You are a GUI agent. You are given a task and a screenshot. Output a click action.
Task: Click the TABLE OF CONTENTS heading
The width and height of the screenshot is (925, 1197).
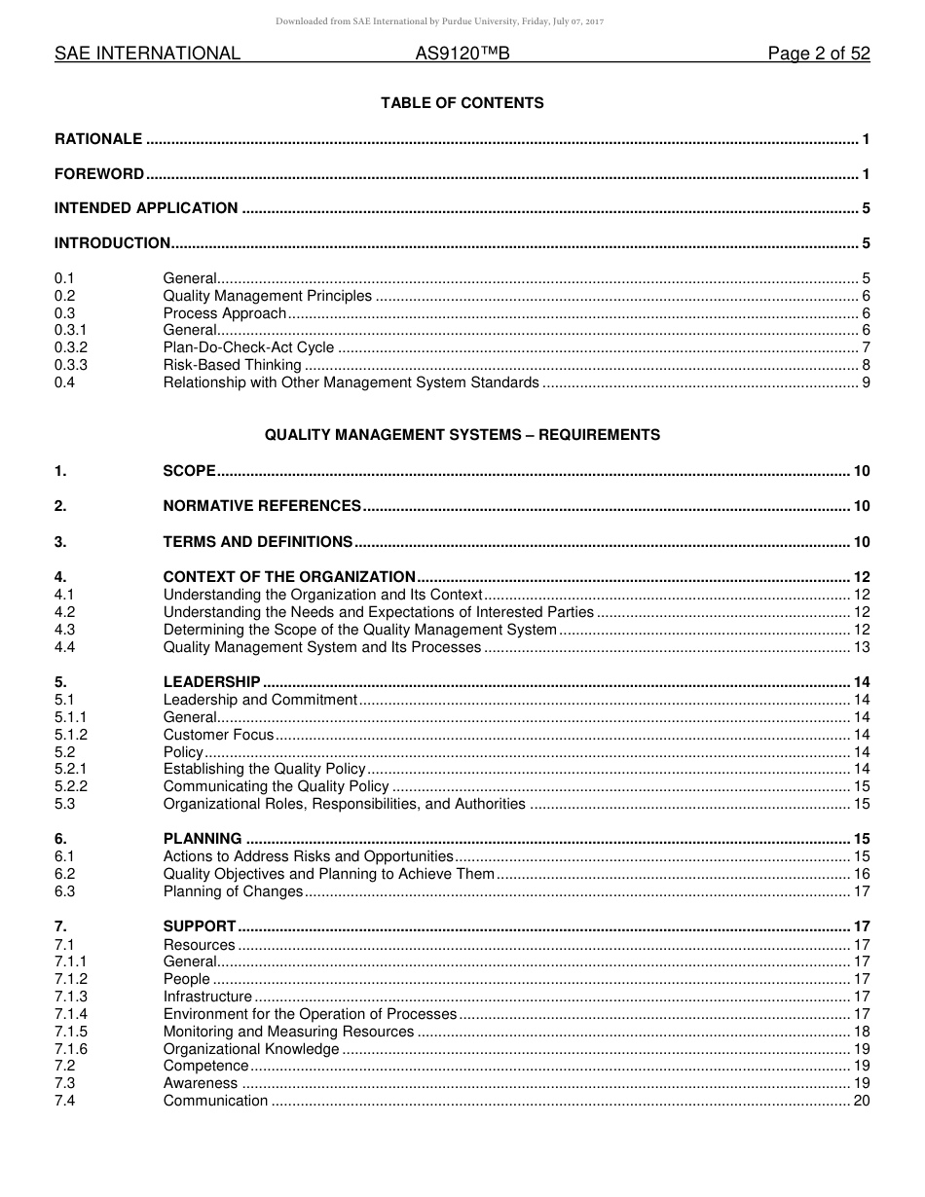point(462,103)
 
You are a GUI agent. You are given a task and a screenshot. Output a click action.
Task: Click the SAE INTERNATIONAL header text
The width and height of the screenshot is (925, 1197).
point(147,54)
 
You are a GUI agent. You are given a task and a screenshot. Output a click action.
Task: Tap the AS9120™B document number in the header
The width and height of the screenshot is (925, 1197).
point(462,54)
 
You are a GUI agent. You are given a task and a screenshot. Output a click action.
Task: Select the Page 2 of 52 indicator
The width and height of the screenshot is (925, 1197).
point(819,54)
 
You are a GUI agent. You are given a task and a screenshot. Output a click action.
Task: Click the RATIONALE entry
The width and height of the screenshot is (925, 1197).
point(98,139)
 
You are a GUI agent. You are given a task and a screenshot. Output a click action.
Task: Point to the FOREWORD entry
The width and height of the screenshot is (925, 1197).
point(99,174)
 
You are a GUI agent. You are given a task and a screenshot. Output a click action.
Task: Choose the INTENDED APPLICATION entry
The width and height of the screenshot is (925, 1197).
point(146,208)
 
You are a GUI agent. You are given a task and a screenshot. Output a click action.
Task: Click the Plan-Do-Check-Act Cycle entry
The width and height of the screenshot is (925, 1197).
point(248,347)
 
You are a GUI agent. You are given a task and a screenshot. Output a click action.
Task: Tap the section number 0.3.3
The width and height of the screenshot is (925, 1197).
point(71,365)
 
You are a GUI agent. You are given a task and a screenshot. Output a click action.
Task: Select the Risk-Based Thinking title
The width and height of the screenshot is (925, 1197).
point(232,365)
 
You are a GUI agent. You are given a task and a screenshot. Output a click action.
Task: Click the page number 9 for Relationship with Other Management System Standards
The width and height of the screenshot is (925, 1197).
point(866,382)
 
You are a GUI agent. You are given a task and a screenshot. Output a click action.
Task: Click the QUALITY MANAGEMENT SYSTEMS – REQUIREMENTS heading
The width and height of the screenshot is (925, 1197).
point(462,435)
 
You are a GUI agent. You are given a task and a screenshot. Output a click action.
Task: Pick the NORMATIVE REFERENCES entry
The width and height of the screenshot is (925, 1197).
point(262,506)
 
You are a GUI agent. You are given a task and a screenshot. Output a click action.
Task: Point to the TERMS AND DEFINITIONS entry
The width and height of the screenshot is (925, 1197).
point(257,542)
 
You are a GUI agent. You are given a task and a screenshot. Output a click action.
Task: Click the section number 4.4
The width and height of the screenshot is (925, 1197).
point(65,647)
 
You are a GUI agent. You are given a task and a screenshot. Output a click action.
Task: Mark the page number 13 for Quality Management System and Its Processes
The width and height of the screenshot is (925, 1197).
point(861,647)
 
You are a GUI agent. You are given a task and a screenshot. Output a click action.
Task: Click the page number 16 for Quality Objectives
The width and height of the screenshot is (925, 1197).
point(861,874)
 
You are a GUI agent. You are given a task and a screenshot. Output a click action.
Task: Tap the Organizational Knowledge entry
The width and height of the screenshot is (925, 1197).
point(251,1049)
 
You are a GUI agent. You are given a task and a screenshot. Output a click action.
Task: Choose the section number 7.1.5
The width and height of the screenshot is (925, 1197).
point(71,1032)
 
